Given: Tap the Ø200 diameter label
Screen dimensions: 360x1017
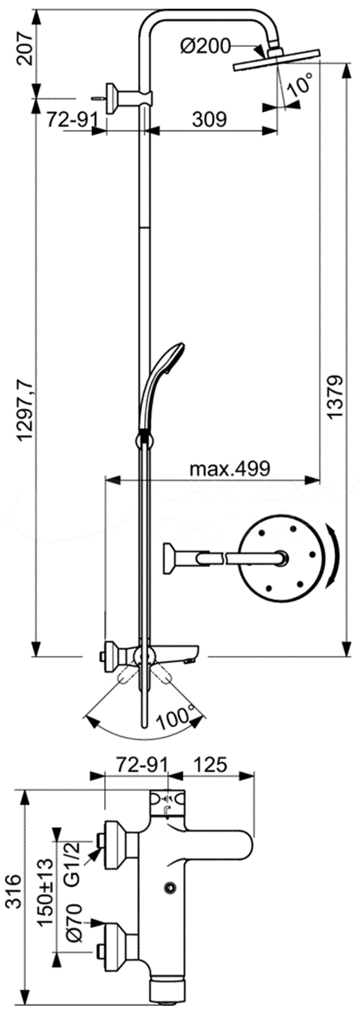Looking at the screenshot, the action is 207,47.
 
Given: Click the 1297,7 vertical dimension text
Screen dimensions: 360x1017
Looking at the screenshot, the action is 25,402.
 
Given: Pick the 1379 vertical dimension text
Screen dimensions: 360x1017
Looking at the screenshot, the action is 335,397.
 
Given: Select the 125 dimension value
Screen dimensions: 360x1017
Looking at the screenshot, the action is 209,765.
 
